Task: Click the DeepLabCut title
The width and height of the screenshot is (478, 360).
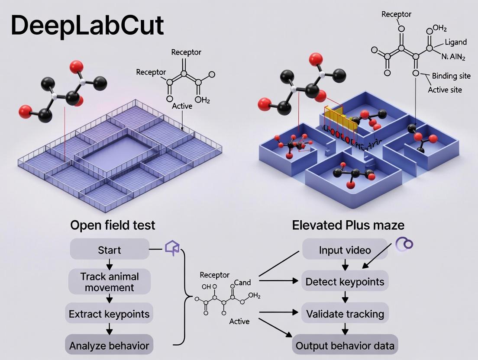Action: click(x=87, y=26)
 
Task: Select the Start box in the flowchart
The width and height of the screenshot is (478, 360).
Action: click(x=109, y=250)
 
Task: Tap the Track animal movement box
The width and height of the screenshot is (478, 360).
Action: click(x=109, y=282)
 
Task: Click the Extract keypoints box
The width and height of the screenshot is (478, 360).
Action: click(x=109, y=313)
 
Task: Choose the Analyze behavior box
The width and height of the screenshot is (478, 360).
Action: click(x=109, y=345)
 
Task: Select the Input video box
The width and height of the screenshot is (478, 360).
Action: click(x=345, y=250)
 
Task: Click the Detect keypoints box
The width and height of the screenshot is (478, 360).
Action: click(x=345, y=282)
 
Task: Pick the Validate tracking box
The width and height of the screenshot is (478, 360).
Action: click(x=345, y=313)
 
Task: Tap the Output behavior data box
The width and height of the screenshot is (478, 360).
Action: click(x=345, y=345)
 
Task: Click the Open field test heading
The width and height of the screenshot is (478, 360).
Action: click(x=113, y=225)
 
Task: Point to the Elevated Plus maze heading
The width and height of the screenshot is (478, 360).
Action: click(x=348, y=225)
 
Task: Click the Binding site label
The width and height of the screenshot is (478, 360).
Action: click(x=451, y=76)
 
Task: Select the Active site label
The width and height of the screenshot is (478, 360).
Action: click(x=445, y=90)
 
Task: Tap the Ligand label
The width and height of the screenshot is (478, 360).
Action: click(x=455, y=42)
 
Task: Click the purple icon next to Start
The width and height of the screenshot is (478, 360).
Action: click(x=172, y=248)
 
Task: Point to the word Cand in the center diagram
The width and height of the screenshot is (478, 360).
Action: click(x=242, y=283)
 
